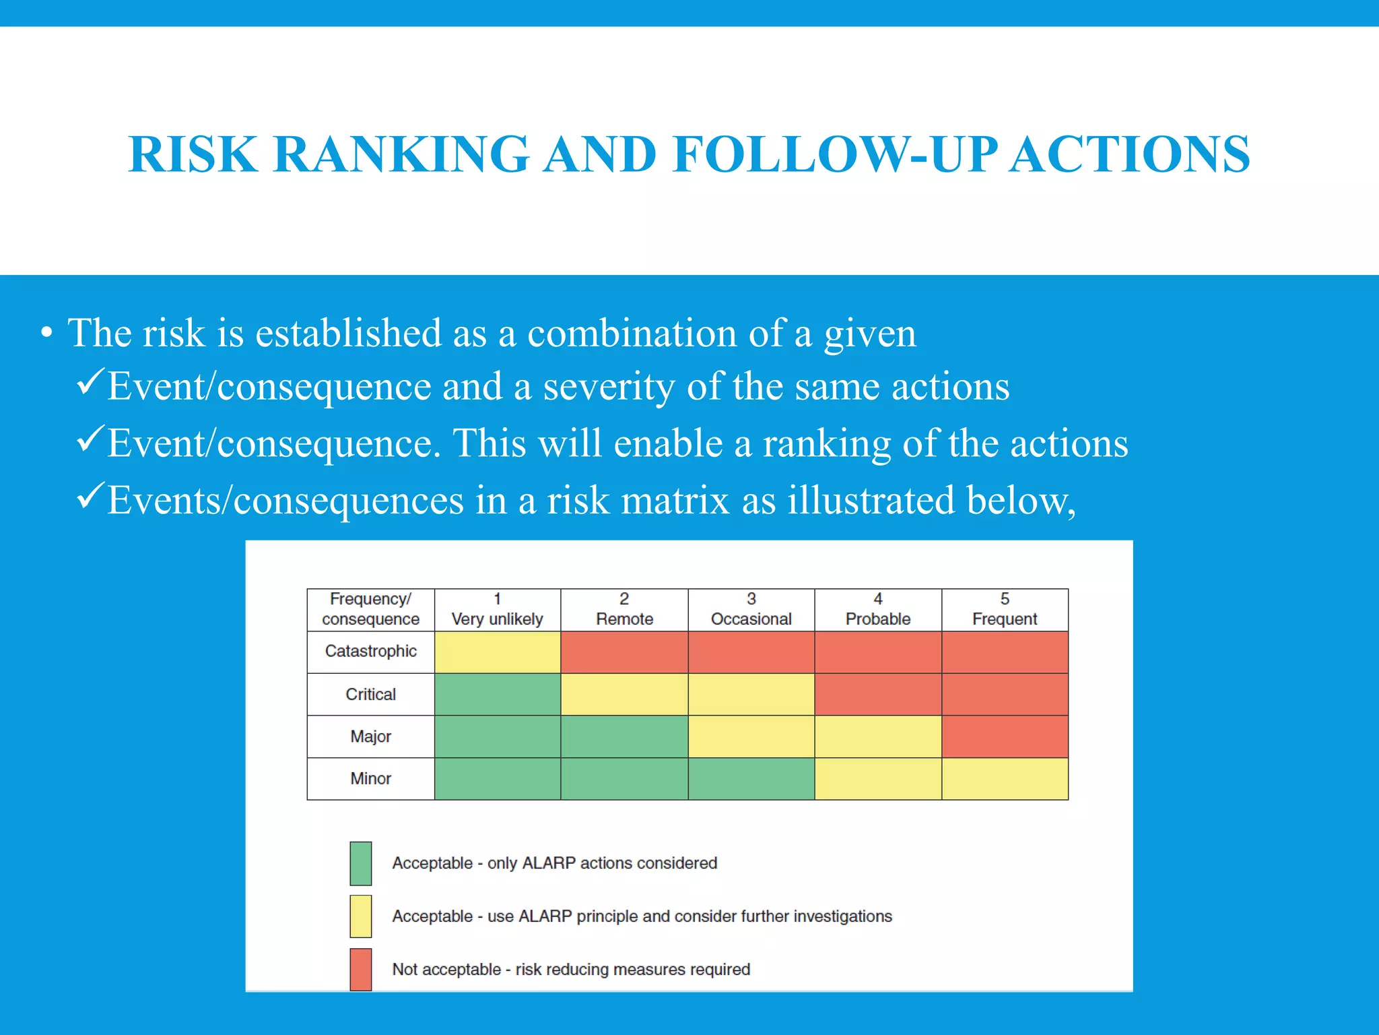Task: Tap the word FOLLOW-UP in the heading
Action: (x=835, y=155)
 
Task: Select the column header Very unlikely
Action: (x=497, y=610)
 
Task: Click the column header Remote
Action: (x=624, y=610)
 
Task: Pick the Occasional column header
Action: (x=751, y=610)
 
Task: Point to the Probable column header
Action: (x=877, y=610)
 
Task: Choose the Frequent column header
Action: (x=1005, y=610)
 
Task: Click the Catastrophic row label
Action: (x=370, y=652)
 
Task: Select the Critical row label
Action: (x=370, y=694)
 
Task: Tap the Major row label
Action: (x=370, y=736)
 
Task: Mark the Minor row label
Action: (x=370, y=779)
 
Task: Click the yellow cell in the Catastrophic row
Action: (x=497, y=652)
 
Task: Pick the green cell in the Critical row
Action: (x=497, y=694)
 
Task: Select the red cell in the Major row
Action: (x=1005, y=736)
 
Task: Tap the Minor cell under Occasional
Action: (x=751, y=779)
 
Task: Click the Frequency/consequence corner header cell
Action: (x=370, y=610)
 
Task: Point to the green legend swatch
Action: (x=360, y=863)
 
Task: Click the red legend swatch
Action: (x=360, y=969)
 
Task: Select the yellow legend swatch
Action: (x=360, y=916)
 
